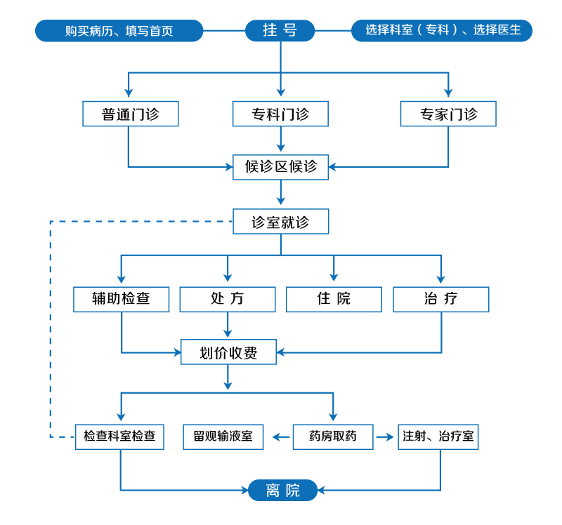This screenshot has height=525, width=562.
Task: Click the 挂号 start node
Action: (x=280, y=30)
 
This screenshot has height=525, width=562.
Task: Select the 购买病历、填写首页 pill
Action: (x=119, y=31)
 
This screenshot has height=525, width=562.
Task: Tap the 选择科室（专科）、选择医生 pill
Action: (x=442, y=30)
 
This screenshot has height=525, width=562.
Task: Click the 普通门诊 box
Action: (x=130, y=114)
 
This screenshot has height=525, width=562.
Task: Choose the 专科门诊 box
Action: (x=280, y=114)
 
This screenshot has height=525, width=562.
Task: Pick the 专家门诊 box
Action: (x=448, y=114)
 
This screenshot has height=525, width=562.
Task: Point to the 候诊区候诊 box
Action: (x=280, y=167)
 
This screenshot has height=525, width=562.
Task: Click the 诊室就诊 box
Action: (x=280, y=222)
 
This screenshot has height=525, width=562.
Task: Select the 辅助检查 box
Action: (x=121, y=299)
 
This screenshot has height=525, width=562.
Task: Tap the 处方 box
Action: (x=228, y=299)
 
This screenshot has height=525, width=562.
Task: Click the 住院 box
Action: (x=334, y=299)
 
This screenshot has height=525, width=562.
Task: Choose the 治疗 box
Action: (x=440, y=299)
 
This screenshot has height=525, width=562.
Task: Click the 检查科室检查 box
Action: (x=119, y=437)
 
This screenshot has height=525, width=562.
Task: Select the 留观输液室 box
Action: (x=223, y=437)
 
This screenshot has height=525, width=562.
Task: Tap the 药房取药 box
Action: (x=333, y=437)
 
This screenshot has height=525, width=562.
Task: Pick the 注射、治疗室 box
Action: (x=438, y=437)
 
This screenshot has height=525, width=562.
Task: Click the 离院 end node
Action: (x=282, y=490)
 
